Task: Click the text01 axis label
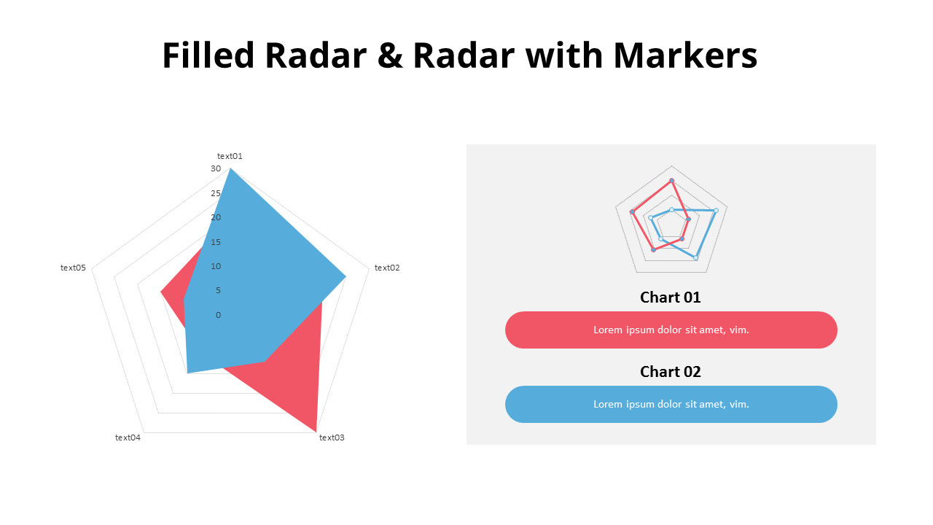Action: [230, 156]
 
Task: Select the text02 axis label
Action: [387, 268]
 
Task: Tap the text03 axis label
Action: [332, 437]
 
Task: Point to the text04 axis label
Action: [128, 437]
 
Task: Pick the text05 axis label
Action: [73, 268]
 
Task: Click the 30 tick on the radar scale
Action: [216, 168]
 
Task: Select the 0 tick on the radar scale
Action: [218, 315]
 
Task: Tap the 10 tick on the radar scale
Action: [216, 266]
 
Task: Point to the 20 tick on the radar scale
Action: [216, 217]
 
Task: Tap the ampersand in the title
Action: [391, 55]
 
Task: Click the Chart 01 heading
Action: [670, 297]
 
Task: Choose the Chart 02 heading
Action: [670, 372]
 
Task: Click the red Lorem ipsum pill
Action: [671, 330]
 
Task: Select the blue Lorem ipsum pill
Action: [671, 404]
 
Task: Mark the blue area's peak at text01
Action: [230, 170]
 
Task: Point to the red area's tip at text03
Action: [316, 429]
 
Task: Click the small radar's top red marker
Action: [671, 180]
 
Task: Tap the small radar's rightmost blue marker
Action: [716, 211]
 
